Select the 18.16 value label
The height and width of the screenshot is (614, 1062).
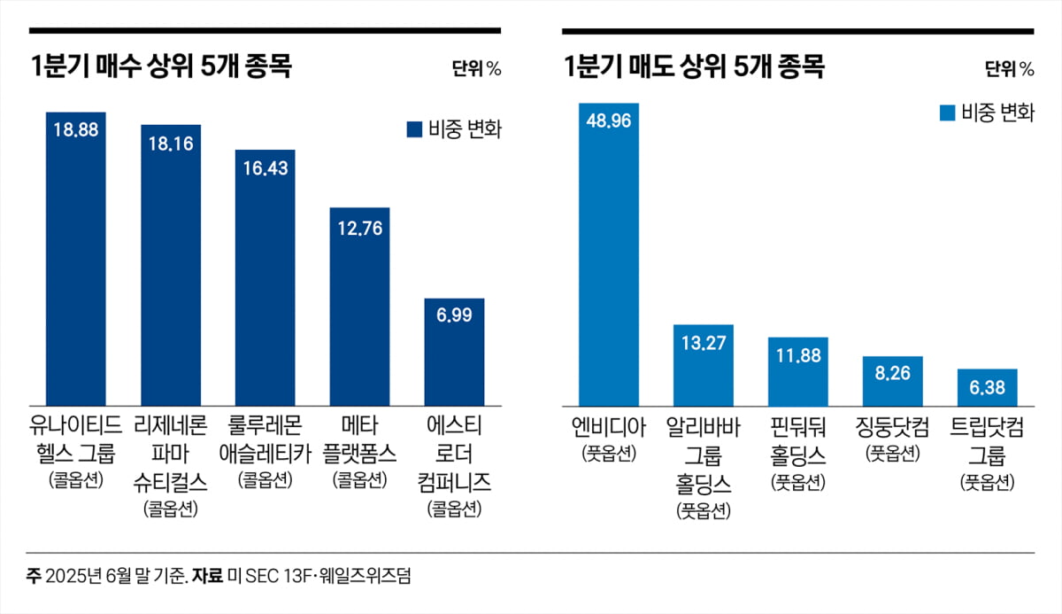click(x=170, y=143)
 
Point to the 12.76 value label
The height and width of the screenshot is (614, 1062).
click(x=359, y=227)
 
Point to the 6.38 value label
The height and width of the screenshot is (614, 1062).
click(x=987, y=387)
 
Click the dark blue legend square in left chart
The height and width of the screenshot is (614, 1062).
click(x=413, y=129)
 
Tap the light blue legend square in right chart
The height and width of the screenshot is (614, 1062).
click(x=947, y=113)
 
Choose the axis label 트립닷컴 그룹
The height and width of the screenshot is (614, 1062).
click(x=987, y=440)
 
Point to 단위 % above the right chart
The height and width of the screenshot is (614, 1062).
click(x=1009, y=69)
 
